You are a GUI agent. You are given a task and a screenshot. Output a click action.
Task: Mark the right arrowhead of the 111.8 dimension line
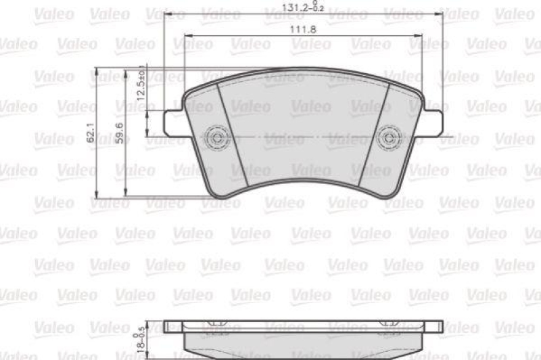pos(420,35)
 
